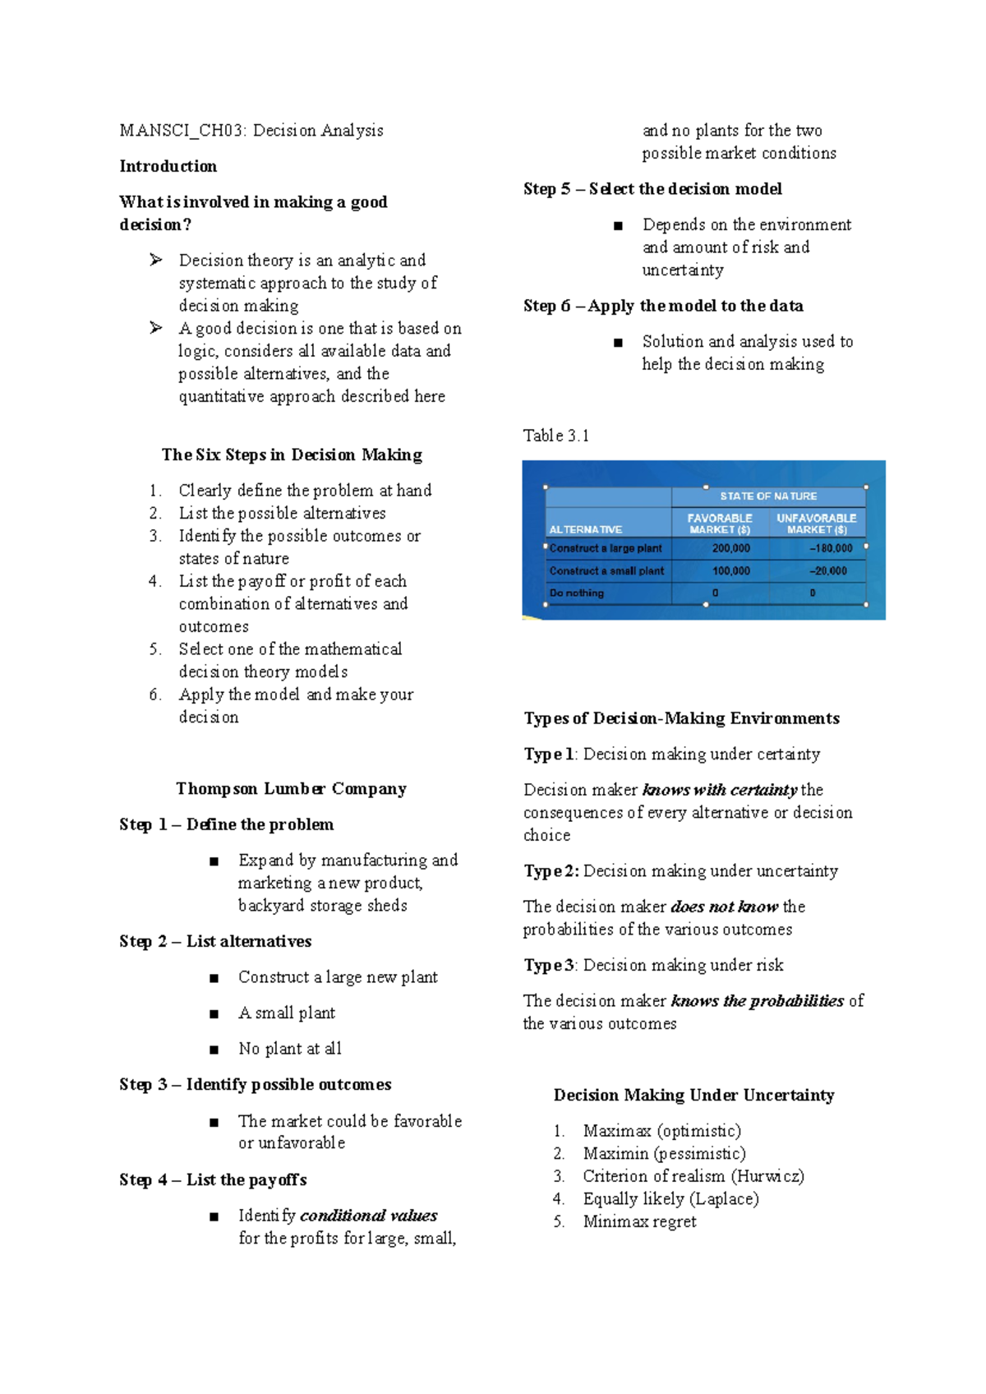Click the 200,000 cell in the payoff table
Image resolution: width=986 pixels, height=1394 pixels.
coord(730,548)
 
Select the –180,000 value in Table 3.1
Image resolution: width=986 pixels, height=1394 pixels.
coord(831,548)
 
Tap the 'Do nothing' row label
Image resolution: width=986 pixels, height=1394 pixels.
coord(577,593)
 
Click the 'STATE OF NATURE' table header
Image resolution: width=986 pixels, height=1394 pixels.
coord(768,496)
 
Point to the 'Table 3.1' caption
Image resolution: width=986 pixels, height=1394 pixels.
coord(556,436)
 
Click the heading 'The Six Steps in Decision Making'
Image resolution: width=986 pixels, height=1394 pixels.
coord(292,455)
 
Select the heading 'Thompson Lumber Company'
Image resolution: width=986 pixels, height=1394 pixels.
coord(291,788)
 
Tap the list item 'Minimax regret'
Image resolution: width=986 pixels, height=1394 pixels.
coord(639,1221)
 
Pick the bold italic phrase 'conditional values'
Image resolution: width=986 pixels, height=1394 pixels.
coord(368,1215)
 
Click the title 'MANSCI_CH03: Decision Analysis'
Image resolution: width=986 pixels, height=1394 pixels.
coord(251,130)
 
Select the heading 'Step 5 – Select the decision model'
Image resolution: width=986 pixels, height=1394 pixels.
coord(652,189)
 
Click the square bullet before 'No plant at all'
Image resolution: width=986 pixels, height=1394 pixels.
coord(214,1050)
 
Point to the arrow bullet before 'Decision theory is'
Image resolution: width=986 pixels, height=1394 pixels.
coord(156,260)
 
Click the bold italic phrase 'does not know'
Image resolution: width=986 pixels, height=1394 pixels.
coord(724,907)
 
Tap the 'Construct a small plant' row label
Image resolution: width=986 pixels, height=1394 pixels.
coord(606,570)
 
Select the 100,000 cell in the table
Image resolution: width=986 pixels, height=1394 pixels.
coord(730,570)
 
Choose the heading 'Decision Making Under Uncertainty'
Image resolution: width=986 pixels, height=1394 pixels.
coord(693,1095)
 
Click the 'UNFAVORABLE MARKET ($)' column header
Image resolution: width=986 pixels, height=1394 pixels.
coord(816,524)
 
